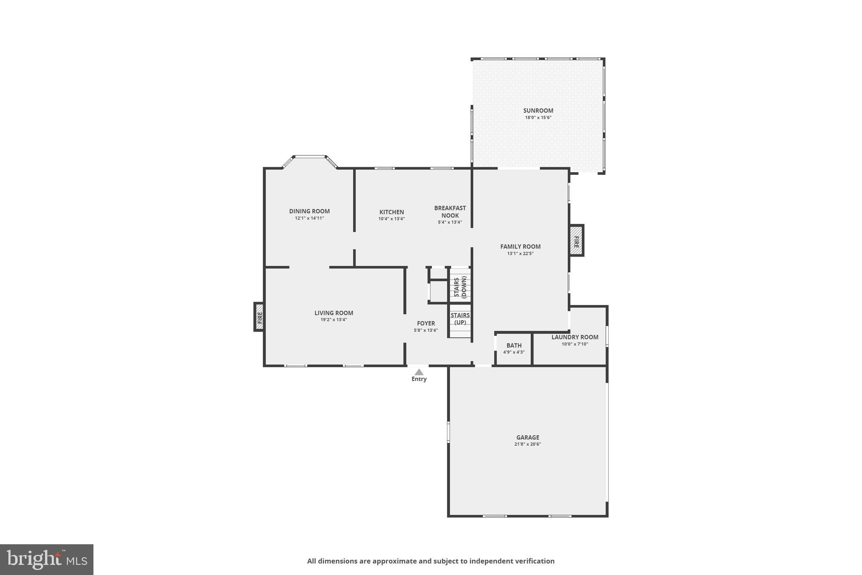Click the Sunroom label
pyautogui.click(x=538, y=111)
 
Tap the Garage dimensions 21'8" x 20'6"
pyautogui.click(x=527, y=444)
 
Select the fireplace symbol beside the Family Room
pyautogui.click(x=576, y=241)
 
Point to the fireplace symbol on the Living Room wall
pyautogui.click(x=260, y=317)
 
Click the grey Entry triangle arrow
pyautogui.click(x=419, y=372)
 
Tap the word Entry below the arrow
pyautogui.click(x=419, y=379)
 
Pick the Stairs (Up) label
pyautogui.click(x=460, y=319)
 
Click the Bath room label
pyautogui.click(x=514, y=345)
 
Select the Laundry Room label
pyautogui.click(x=575, y=337)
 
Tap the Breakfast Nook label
pyautogui.click(x=450, y=211)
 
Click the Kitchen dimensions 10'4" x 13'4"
pyautogui.click(x=391, y=219)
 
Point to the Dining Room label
pyautogui.click(x=309, y=211)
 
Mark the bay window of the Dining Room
pyautogui.click(x=310, y=157)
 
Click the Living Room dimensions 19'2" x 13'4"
pyautogui.click(x=334, y=320)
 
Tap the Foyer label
pyautogui.click(x=426, y=324)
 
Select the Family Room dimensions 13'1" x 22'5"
pyautogui.click(x=520, y=254)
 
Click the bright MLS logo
pyautogui.click(x=47, y=559)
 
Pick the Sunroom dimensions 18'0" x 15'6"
pyautogui.click(x=538, y=118)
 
